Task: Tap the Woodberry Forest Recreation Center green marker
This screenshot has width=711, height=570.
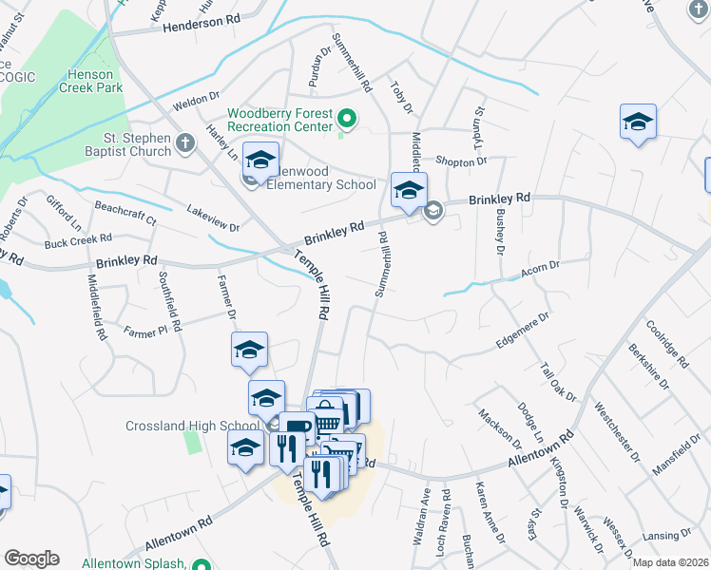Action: coord(347,120)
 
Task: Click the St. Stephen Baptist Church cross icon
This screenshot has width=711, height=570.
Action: coord(185,142)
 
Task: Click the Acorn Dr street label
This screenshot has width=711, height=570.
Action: coord(540,275)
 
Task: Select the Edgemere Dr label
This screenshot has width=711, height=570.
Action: coord(522,331)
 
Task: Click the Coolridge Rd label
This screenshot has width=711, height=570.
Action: coord(666,343)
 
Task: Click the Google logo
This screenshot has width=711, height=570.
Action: coord(30,559)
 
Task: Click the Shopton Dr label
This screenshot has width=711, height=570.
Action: coord(460,161)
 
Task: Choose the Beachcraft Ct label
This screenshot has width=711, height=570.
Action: coord(125,211)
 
